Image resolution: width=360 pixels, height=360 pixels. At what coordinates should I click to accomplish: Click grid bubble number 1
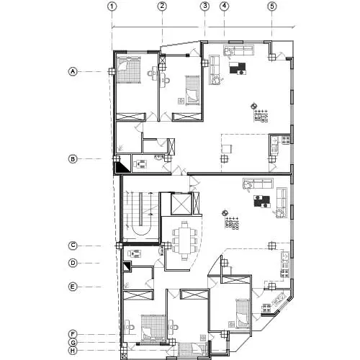112,6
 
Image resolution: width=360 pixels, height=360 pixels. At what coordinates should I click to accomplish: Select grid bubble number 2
162,6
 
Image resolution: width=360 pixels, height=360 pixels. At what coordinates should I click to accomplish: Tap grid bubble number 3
204,6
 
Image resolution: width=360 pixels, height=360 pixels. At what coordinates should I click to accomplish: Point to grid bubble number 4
224,6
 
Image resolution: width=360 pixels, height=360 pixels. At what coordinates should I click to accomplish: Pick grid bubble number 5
272,6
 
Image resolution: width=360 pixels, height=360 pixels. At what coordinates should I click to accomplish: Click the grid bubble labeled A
73,71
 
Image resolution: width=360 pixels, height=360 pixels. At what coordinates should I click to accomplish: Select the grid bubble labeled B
73,159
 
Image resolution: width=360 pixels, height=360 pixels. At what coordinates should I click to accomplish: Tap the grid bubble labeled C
73,246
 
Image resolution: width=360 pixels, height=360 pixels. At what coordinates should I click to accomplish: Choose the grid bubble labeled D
73,263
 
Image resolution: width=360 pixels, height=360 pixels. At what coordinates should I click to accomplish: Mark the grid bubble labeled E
73,287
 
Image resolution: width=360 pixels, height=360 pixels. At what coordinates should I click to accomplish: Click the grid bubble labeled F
73,334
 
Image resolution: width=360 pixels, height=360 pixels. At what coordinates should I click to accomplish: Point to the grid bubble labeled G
73,343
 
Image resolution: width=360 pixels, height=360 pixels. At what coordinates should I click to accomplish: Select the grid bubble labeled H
73,351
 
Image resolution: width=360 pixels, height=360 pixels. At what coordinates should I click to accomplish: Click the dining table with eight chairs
185,240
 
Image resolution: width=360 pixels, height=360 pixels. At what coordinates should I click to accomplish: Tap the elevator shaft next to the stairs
181,204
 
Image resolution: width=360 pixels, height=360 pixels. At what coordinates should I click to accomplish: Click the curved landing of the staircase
143,231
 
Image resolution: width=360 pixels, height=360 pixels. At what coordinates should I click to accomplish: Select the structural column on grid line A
112,71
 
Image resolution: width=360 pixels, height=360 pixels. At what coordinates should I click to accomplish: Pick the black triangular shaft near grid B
122,168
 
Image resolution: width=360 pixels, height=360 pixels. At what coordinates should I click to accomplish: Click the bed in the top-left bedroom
128,70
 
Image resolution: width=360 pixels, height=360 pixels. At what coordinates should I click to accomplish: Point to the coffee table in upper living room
238,68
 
